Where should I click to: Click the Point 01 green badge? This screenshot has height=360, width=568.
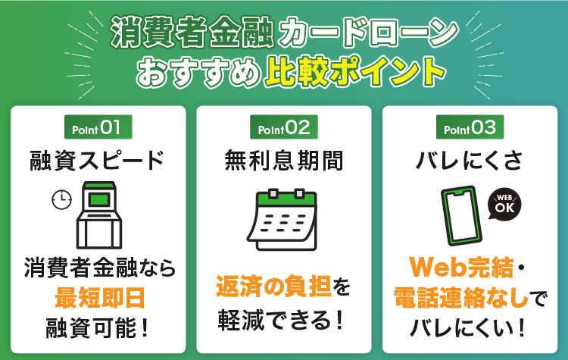[98, 127]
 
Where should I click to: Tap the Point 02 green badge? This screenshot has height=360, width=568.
[284, 127]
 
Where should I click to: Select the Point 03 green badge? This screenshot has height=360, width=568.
[470, 127]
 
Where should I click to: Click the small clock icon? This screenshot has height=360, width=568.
[61, 199]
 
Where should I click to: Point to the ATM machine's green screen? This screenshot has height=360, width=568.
[99, 199]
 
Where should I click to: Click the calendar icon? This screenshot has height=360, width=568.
[282, 220]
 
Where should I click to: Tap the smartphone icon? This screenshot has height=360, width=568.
[462, 216]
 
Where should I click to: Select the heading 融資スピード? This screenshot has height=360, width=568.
[97, 161]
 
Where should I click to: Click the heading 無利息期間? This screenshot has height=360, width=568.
[284, 161]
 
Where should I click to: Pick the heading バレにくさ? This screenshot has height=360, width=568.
[469, 161]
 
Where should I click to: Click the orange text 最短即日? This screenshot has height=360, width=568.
[100, 298]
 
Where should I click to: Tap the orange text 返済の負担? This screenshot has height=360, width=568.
[273, 286]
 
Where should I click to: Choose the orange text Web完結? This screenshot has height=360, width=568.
[461, 268]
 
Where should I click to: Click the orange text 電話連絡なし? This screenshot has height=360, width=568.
[461, 298]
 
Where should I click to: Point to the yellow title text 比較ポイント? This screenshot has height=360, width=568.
[355, 71]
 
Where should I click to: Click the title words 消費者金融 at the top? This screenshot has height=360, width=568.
[192, 32]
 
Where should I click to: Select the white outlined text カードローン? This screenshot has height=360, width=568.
[368, 32]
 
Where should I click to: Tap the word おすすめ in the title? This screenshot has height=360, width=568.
[199, 72]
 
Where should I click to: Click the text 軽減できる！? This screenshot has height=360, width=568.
[281, 320]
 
